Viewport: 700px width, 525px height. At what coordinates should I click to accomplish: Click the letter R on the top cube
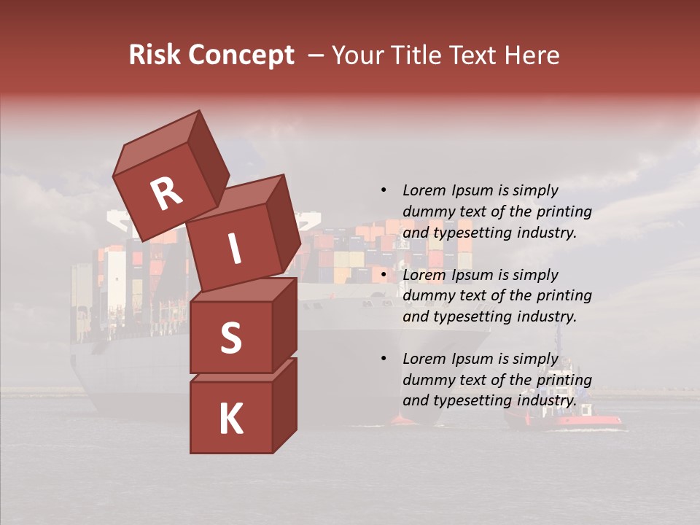pos(166,193)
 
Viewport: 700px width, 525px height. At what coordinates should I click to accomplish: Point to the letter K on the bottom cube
pos(230,419)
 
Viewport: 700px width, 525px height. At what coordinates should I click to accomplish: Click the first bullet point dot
pos(384,190)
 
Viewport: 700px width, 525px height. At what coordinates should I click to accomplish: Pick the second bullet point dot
pos(384,275)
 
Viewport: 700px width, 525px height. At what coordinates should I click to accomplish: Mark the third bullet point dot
pos(384,359)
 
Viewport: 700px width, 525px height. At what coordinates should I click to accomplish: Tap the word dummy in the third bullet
pos(427,380)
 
